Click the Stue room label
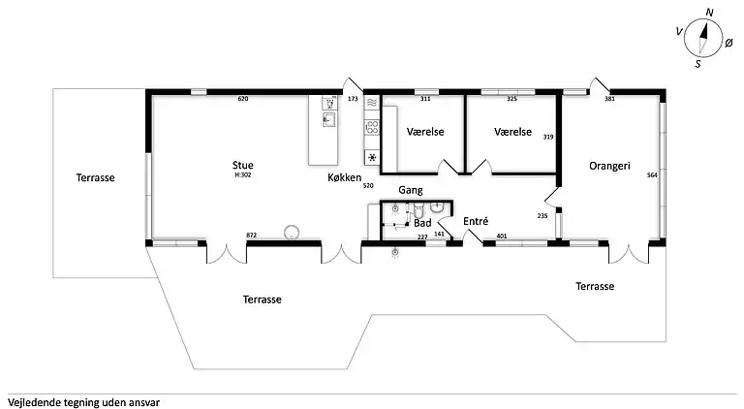tap(242, 165)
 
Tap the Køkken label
tap(345, 177)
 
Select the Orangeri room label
tap(609, 166)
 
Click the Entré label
tap(476, 221)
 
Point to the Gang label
tap(411, 190)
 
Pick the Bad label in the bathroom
tap(422, 223)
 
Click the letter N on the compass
tap(709, 13)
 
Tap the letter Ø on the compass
tap(728, 44)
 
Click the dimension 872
tap(252, 235)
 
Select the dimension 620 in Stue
tap(243, 99)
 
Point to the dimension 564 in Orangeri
tap(652, 175)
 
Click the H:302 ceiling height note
tap(243, 174)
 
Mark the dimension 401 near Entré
tap(502, 236)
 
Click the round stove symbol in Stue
tap(292, 233)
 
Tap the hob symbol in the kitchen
tap(372, 127)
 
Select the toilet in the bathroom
tap(418, 209)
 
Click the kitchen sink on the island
tap(328, 119)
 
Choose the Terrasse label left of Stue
tap(95, 177)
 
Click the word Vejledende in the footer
tap(31, 403)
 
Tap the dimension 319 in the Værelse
tap(548, 137)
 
